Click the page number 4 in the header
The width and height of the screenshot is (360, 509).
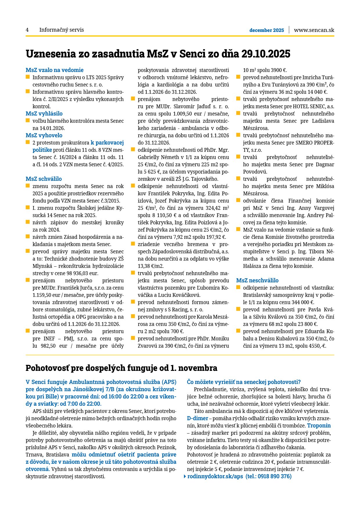[27, 30]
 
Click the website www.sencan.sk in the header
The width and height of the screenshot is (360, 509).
[314, 30]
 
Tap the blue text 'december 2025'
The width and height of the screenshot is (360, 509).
[267, 30]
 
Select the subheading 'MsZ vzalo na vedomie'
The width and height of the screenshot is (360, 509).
[55, 70]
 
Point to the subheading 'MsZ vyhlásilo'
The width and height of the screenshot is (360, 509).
[44, 113]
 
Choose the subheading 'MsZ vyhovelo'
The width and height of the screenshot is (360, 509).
[44, 135]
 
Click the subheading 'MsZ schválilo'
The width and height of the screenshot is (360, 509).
[44, 179]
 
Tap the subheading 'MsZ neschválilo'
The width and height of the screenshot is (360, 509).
[257, 280]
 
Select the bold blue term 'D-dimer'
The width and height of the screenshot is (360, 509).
[197, 418]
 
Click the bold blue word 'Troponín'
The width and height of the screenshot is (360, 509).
[319, 426]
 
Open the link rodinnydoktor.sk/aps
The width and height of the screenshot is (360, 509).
[215, 476]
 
